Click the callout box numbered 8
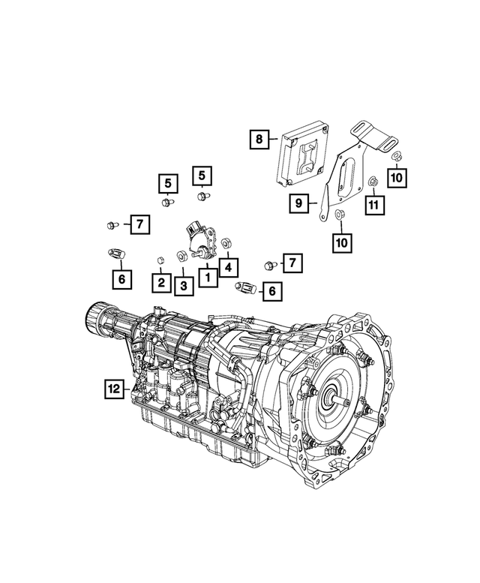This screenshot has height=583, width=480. pos(259,139)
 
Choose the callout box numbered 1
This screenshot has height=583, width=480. pos(204,277)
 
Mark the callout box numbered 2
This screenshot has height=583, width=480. pos(160,282)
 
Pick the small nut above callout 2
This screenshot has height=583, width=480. pos(160,260)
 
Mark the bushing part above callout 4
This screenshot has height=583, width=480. pos(226,244)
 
